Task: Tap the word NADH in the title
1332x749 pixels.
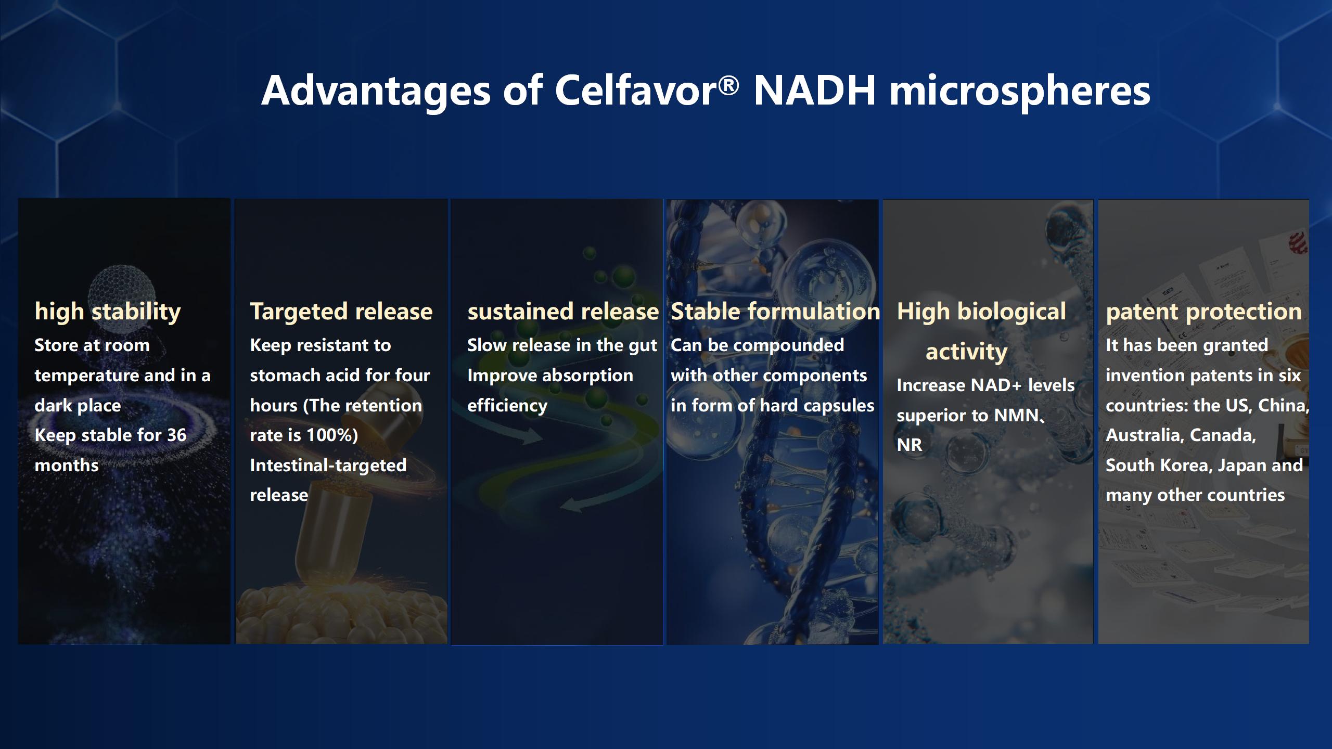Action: pyautogui.click(x=815, y=91)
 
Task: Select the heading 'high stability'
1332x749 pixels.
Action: pyautogui.click(x=108, y=312)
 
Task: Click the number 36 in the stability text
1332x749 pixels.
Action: pyautogui.click(x=176, y=435)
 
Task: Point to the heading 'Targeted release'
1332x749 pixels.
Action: pyautogui.click(x=341, y=312)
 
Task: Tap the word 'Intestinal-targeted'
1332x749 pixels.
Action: pyautogui.click(x=328, y=465)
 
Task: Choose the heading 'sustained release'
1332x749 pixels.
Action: pyautogui.click(x=563, y=312)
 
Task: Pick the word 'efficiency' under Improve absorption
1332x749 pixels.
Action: pyautogui.click(x=507, y=405)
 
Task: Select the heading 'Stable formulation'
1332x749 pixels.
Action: pyautogui.click(x=775, y=312)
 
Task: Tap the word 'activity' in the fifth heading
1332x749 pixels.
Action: pyautogui.click(x=966, y=352)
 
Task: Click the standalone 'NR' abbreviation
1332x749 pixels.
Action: pyautogui.click(x=910, y=445)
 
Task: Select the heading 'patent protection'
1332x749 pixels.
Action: pyautogui.click(x=1203, y=312)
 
